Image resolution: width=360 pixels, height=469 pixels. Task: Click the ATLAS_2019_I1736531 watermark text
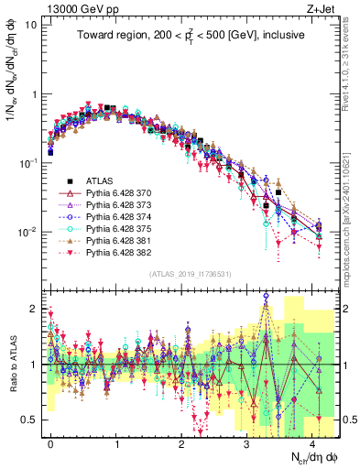[188, 274]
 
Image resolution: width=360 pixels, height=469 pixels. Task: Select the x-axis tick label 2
[181, 442]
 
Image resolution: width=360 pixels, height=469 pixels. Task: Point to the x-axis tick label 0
[50, 442]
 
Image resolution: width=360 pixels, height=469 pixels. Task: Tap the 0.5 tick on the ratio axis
[30, 420]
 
